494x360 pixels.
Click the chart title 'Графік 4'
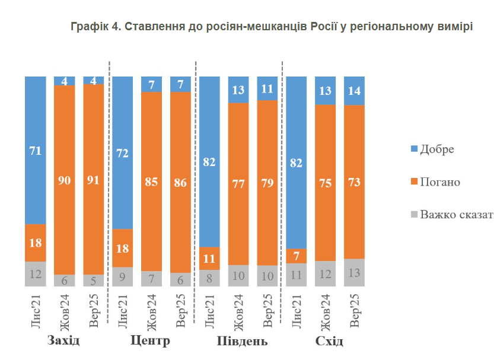[x=271, y=27]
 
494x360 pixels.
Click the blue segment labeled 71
[x=35, y=150]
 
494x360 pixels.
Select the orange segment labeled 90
[x=64, y=180]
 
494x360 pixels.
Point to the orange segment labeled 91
[x=93, y=179]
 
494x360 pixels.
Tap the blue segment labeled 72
[x=122, y=152]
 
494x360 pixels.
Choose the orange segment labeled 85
[x=151, y=181]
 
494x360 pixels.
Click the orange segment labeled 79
[x=267, y=183]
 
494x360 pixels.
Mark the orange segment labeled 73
[x=354, y=181]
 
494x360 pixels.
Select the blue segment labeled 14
[x=354, y=91]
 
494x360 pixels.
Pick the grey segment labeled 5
[x=93, y=280]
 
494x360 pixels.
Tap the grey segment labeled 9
[x=122, y=277]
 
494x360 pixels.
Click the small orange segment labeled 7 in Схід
[x=296, y=256]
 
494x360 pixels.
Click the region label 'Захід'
[x=63, y=342]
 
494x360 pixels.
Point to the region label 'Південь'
[x=238, y=342]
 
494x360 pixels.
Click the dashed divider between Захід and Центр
[x=109, y=178]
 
